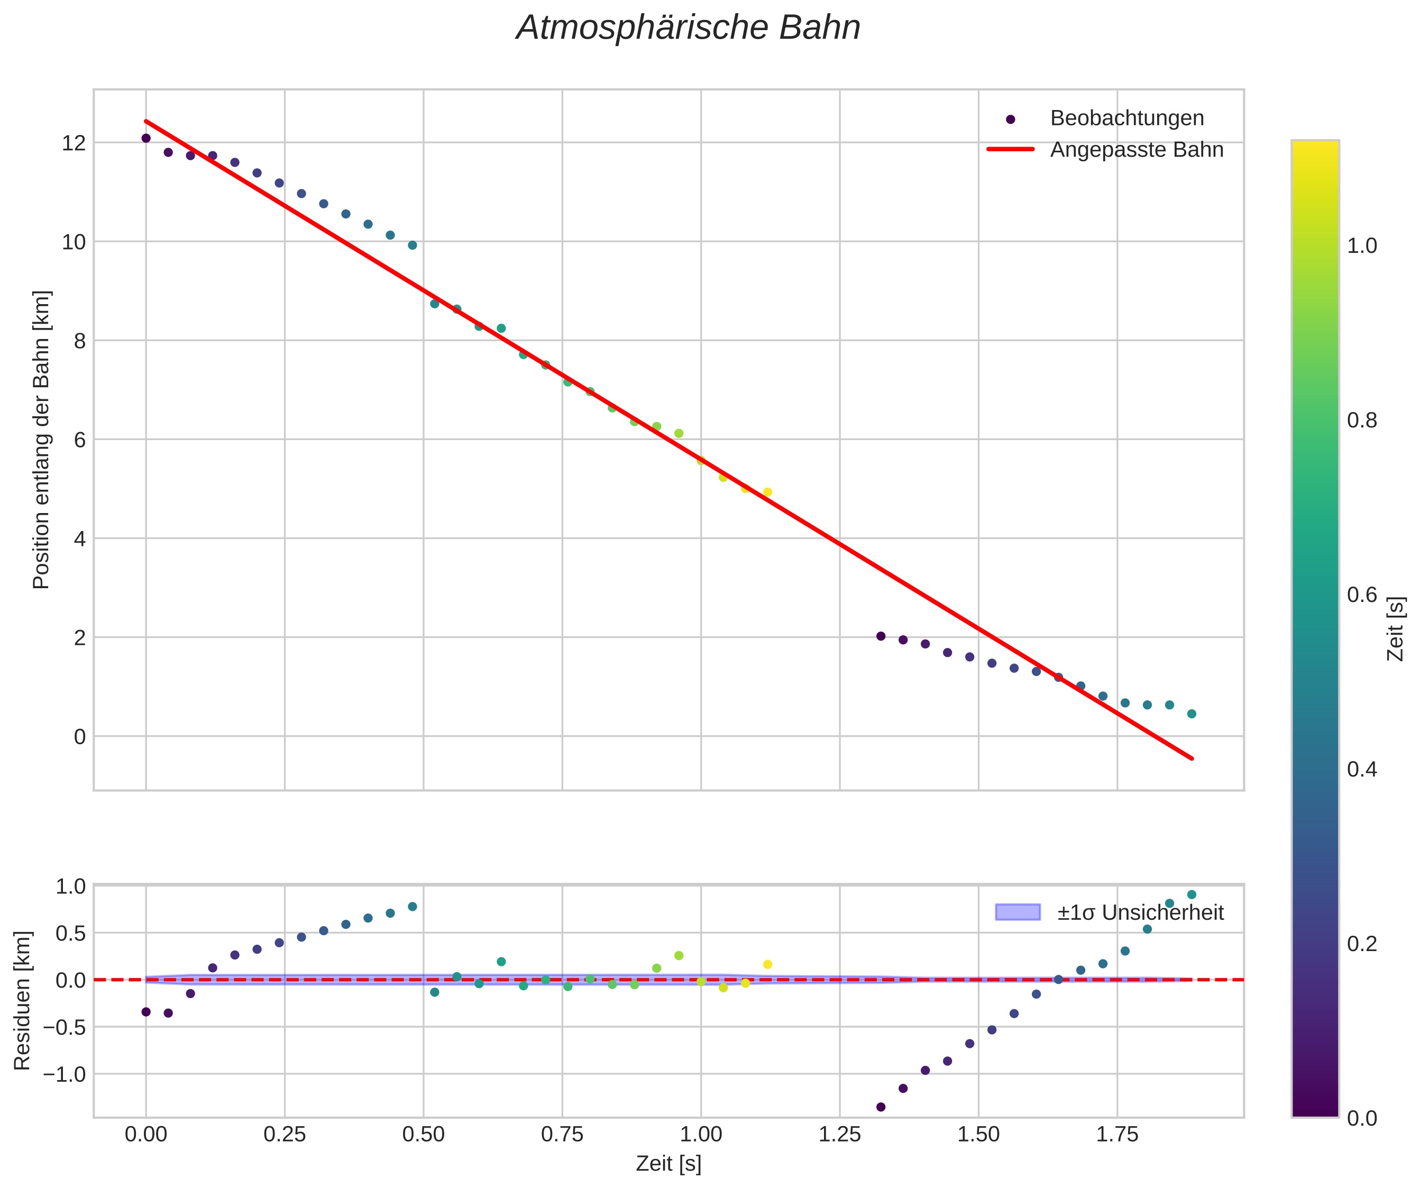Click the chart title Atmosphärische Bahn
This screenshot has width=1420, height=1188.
tap(688, 29)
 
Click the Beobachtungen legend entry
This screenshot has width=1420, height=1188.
tap(1126, 118)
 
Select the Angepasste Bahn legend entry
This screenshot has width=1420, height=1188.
tap(1136, 150)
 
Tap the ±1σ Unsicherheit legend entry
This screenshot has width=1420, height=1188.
tap(1140, 913)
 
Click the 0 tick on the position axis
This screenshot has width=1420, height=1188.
tap(80, 737)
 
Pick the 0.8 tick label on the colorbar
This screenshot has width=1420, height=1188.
tap(1362, 421)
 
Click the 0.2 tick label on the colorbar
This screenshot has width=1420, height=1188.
tap(1362, 944)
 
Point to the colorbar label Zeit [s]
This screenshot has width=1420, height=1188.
tap(1396, 629)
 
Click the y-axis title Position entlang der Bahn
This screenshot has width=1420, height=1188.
tap(41, 440)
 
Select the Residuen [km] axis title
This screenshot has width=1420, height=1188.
tap(22, 1001)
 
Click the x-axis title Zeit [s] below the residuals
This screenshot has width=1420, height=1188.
tap(668, 1164)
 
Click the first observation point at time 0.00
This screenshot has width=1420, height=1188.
tap(146, 139)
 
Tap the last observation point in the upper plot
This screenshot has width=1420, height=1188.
tap(1192, 714)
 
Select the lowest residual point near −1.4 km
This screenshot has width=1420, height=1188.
tap(881, 1107)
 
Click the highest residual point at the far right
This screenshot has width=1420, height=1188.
tap(1192, 894)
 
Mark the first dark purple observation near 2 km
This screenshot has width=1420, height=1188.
tap(881, 636)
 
